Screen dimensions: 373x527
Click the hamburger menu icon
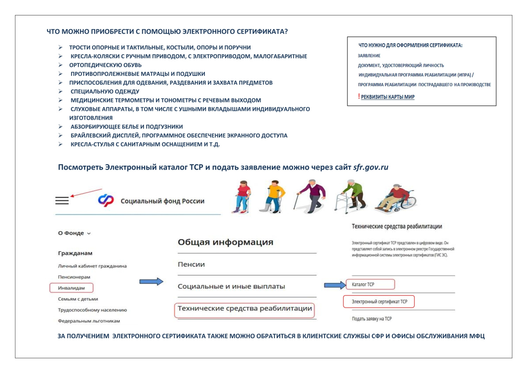point(62,201)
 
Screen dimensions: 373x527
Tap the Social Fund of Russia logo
point(106,200)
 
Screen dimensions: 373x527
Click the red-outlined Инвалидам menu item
point(72,288)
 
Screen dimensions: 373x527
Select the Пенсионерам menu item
point(74,277)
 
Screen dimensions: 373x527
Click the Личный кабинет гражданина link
point(92,266)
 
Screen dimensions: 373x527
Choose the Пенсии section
point(191,264)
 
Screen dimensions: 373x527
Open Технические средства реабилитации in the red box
point(245,309)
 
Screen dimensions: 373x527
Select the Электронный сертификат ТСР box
point(379,302)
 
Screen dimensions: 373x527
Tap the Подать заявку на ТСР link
point(372,319)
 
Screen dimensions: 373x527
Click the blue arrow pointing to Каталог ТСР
point(334,285)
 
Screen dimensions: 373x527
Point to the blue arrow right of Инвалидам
point(151,282)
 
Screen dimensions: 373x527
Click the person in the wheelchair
point(397,198)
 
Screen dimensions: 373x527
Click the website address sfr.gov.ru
point(371,167)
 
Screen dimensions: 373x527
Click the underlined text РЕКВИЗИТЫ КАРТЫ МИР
point(388,97)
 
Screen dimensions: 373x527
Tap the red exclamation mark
point(359,96)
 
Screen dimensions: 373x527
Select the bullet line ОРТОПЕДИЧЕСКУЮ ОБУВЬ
point(105,65)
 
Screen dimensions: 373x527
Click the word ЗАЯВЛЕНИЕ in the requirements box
point(369,56)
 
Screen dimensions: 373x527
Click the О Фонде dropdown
point(74,233)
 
